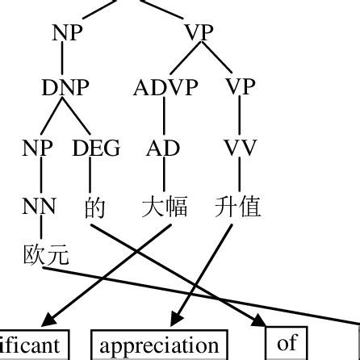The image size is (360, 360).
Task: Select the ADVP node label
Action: [x=165, y=87]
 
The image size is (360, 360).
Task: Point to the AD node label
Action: [x=164, y=148]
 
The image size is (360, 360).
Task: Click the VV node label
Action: [x=240, y=148]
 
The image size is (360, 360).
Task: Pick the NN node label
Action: [x=40, y=207]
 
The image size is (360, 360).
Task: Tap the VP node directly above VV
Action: [x=240, y=87]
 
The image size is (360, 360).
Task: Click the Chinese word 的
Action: [x=94, y=207]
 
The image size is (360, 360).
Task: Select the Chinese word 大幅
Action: [x=164, y=207]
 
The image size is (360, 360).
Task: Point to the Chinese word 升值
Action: [x=239, y=207]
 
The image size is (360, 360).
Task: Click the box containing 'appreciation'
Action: [x=158, y=345]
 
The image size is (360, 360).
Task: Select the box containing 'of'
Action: [x=287, y=344]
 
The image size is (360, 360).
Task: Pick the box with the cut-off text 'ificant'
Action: [x=32, y=345]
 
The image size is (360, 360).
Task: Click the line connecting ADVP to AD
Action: [x=164, y=117]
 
